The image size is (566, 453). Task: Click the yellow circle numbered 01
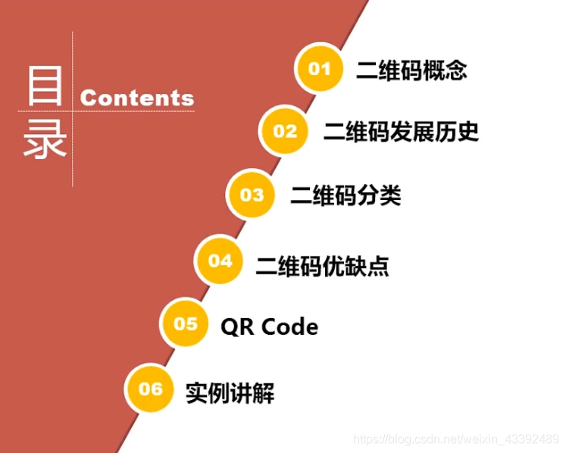[x=320, y=69]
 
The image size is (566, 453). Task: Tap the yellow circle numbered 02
[x=286, y=132]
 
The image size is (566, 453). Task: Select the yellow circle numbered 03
[x=252, y=195]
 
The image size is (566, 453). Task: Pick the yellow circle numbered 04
[x=220, y=261]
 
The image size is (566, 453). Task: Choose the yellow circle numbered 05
[x=186, y=324]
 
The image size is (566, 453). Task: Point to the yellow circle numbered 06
[x=151, y=389]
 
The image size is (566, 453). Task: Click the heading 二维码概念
[x=411, y=70]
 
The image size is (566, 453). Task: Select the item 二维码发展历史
[x=401, y=133]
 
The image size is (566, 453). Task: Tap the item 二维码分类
[x=346, y=196]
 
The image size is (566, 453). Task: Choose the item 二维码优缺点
[x=323, y=264]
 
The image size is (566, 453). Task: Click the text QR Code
[x=269, y=326]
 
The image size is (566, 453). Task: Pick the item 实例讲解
[x=230, y=393]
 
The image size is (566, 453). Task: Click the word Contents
[x=137, y=98]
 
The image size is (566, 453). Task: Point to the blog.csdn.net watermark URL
[x=457, y=439]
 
